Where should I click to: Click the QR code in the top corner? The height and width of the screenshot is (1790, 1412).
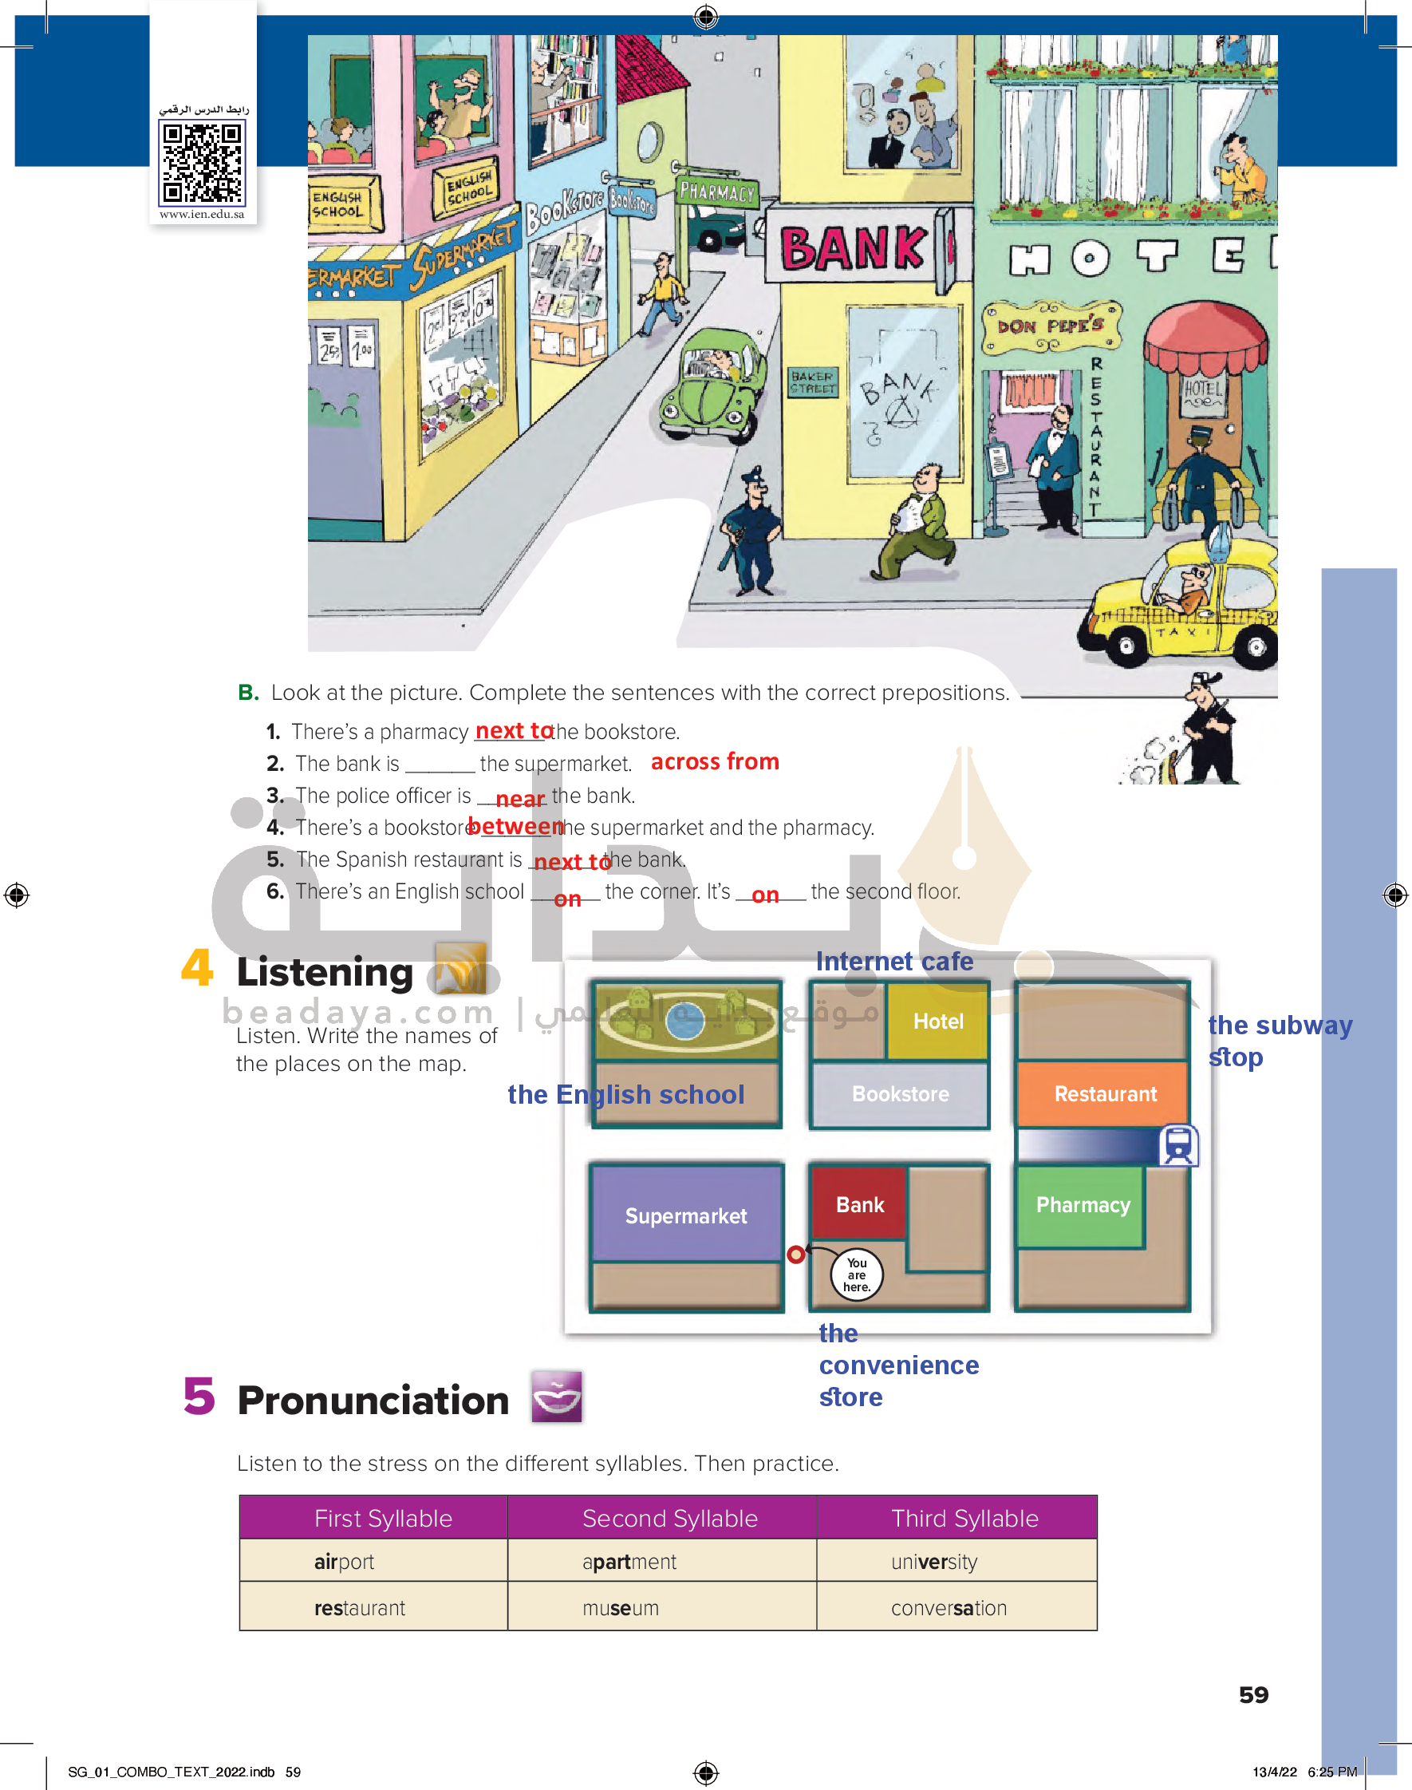click(x=203, y=162)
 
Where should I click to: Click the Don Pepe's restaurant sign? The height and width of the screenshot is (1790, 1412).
click(x=1050, y=326)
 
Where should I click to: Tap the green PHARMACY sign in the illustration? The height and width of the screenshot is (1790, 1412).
click(x=716, y=192)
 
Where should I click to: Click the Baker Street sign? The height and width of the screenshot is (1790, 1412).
click(x=813, y=382)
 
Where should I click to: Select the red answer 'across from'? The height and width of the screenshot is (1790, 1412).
click(x=714, y=761)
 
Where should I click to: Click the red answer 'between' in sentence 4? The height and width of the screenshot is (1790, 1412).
click(x=515, y=826)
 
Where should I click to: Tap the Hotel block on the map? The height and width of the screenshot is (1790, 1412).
click(x=937, y=1021)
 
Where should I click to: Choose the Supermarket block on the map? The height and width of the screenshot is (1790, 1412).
click(x=685, y=1215)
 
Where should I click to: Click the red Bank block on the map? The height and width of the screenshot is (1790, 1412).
click(x=859, y=1204)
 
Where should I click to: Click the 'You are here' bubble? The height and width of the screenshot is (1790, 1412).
click(x=857, y=1275)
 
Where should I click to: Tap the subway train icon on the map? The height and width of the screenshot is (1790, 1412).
click(x=1178, y=1145)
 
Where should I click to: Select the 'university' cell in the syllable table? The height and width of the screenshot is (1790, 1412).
click(x=934, y=1562)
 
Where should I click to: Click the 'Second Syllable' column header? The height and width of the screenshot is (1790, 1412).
click(x=669, y=1518)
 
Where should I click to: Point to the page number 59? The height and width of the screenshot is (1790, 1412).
click(x=1253, y=1695)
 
